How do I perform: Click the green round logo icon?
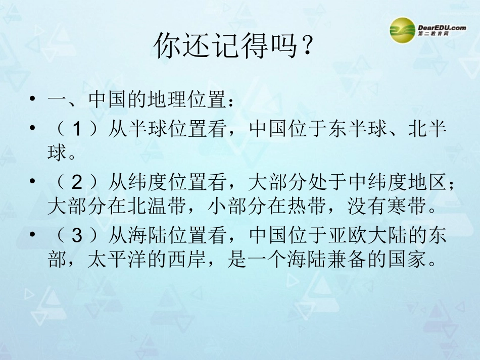coord(402,30)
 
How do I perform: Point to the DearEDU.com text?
coord(442,28)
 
